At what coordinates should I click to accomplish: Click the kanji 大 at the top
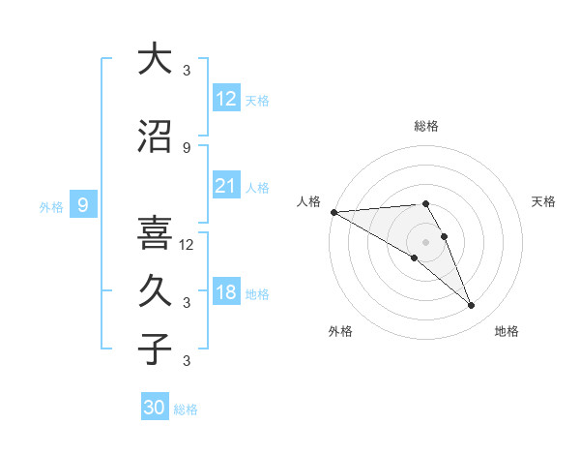(155, 59)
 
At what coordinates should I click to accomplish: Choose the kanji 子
(155, 349)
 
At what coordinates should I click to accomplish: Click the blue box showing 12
(226, 99)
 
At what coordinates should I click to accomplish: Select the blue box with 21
(226, 186)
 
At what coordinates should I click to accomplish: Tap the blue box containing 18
(226, 293)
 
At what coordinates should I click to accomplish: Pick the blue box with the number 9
(84, 205)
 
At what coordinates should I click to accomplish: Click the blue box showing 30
(155, 408)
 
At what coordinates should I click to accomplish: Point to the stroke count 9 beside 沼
(187, 147)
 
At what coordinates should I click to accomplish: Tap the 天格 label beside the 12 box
(257, 100)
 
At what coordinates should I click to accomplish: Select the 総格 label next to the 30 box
(186, 409)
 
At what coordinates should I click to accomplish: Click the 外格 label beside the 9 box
(50, 206)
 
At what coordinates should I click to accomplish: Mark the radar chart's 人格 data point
(333, 212)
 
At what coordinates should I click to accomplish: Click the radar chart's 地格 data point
(472, 305)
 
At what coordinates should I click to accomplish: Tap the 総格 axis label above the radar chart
(425, 126)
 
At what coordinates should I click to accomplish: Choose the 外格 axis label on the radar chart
(340, 331)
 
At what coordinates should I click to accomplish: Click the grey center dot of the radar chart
(425, 241)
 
